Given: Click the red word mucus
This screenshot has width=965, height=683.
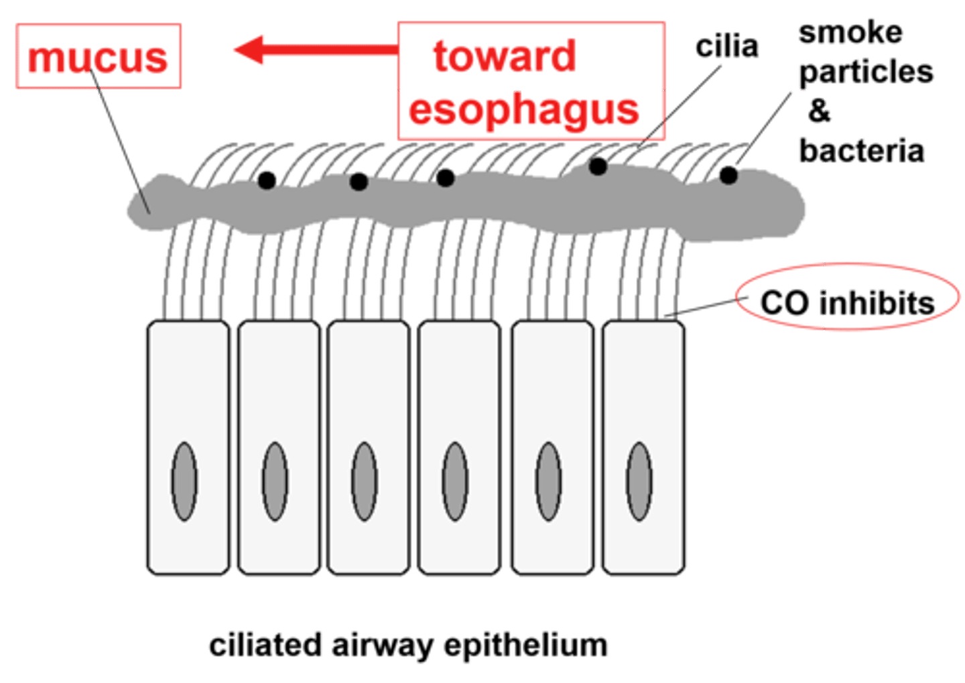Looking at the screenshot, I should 98,58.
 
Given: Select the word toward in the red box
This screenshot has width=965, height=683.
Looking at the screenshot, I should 504,55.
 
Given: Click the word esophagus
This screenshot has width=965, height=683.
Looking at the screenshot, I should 523,110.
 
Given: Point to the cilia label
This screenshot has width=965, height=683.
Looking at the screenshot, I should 726,47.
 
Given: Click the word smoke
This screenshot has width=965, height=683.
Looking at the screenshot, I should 850,33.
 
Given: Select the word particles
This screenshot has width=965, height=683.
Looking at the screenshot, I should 865,71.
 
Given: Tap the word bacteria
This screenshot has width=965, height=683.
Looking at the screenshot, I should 862,151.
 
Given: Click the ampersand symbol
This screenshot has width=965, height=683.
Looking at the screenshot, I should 820,111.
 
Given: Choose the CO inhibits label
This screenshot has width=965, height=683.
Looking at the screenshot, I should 848,302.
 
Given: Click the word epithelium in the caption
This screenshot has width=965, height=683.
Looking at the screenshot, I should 525,645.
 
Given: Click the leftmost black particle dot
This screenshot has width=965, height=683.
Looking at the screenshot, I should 267,180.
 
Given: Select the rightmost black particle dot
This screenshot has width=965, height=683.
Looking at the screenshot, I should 728,176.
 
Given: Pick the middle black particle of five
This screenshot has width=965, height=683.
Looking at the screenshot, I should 445,178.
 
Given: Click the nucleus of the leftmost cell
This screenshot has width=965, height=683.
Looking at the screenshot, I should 184,481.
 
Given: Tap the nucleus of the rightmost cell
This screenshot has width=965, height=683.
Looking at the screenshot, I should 639,481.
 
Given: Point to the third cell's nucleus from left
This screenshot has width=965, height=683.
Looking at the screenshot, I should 365,481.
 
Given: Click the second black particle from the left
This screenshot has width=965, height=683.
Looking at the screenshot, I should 359,181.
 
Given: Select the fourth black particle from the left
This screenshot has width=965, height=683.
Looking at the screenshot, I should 598,166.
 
